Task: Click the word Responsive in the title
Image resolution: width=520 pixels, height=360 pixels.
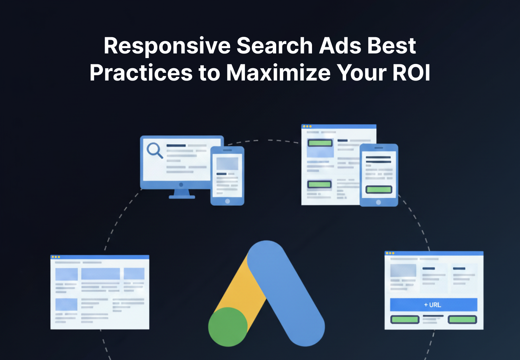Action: (x=167, y=46)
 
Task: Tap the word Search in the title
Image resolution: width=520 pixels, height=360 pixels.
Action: (x=274, y=46)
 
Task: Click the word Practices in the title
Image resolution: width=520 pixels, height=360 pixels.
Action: (x=141, y=73)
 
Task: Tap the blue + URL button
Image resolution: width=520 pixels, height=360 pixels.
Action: (x=433, y=305)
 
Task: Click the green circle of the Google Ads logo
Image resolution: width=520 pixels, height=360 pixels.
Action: (x=228, y=327)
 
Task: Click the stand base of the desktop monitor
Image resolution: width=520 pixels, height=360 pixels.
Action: (x=182, y=197)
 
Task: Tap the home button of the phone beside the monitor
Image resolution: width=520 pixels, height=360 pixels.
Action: (x=227, y=201)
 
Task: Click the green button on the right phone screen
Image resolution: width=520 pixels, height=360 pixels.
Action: (x=378, y=190)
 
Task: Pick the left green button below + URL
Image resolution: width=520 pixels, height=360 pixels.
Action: (x=405, y=320)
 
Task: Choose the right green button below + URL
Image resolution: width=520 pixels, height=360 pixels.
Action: (x=462, y=320)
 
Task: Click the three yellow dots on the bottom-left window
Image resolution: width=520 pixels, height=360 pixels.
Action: (x=56, y=257)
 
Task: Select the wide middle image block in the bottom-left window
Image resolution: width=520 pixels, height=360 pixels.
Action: (x=100, y=274)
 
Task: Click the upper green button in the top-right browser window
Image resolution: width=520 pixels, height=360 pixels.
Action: (x=320, y=143)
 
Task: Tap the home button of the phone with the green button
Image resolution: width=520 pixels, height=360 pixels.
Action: (x=378, y=202)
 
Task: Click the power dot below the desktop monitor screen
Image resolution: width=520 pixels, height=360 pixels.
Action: (x=181, y=185)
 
